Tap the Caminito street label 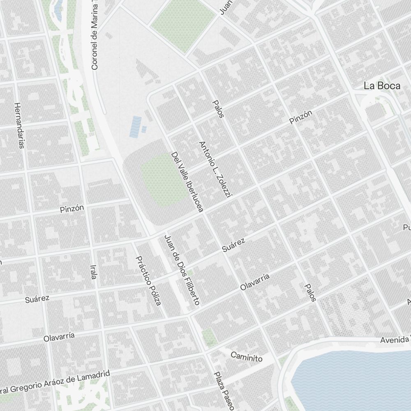[246, 356]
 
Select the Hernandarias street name [19, 125]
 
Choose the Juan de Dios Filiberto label [182, 270]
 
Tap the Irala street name [93, 272]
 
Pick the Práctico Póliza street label [148, 280]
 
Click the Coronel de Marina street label [95, 35]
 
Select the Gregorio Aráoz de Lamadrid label [55, 381]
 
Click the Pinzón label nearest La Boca [300, 117]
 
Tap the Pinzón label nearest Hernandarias [72, 208]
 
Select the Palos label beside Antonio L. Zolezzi [218, 109]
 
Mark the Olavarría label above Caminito [255, 282]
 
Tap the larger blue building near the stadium [135, 127]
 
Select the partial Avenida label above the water [395, 340]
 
